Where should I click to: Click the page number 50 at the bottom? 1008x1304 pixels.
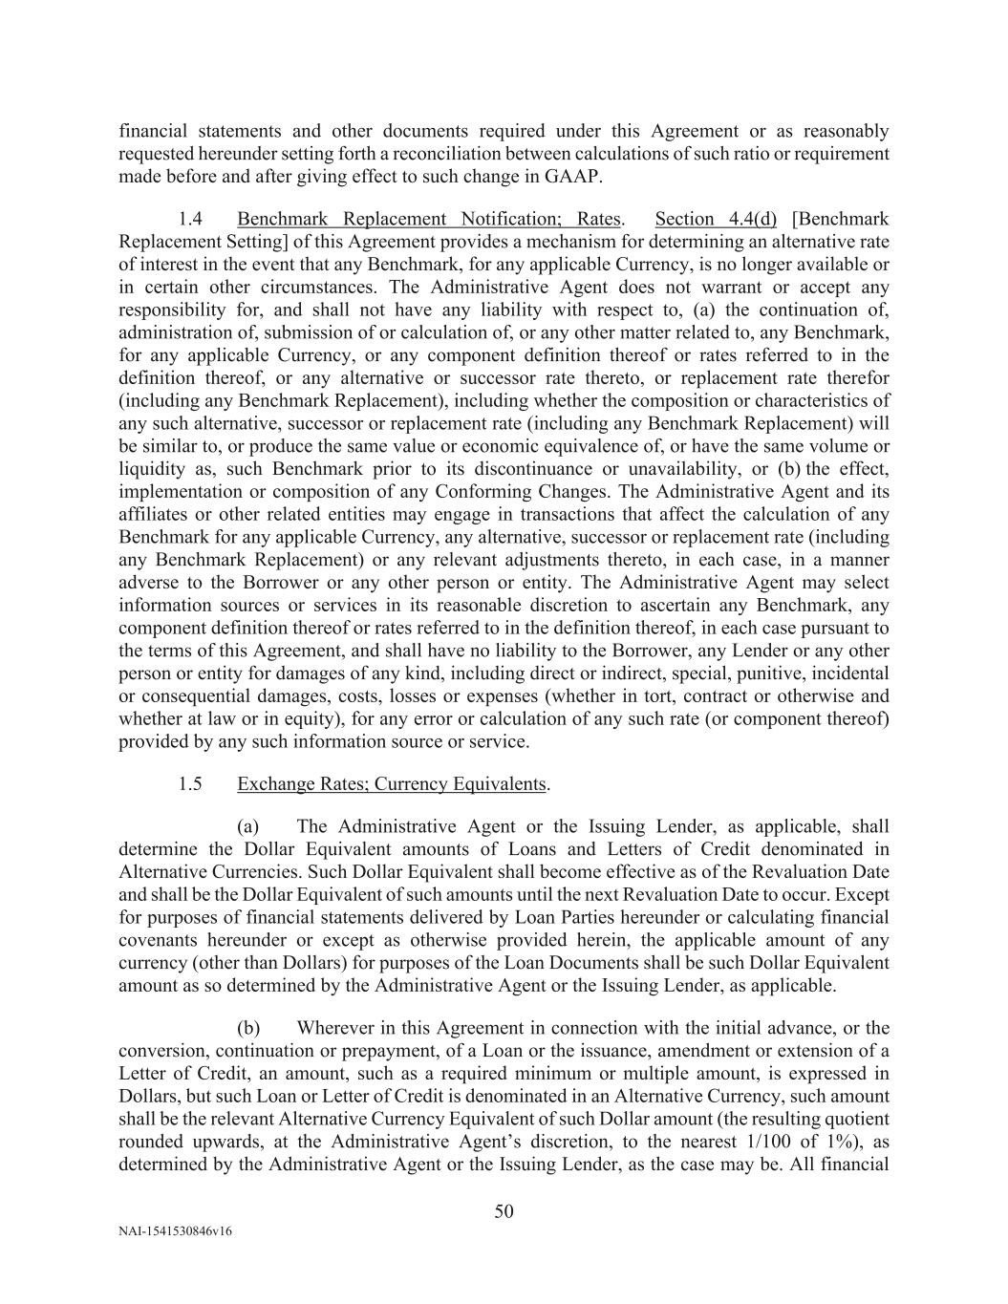pos(504,1212)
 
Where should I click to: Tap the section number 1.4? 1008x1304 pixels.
pos(190,219)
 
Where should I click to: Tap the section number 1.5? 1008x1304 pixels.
pos(190,784)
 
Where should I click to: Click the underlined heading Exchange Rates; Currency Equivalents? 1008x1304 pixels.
pos(392,784)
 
